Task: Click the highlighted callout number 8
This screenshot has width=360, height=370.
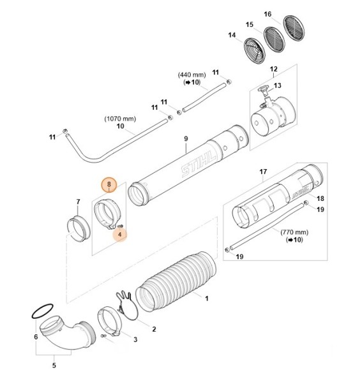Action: pos(109,186)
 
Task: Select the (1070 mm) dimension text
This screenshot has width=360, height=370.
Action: pos(120,119)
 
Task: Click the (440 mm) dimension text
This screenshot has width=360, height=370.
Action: pos(192,75)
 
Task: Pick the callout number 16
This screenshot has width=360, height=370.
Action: pos(285,14)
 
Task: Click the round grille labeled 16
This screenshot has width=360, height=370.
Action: pos(296,28)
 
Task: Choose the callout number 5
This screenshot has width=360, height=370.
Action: pos(54,366)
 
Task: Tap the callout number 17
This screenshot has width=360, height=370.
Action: pos(262,172)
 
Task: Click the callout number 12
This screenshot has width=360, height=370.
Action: pos(273,69)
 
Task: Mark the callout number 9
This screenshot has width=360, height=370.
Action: pos(185,139)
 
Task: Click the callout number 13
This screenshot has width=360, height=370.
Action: pos(277,85)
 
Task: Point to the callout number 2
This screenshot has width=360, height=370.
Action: pos(154,329)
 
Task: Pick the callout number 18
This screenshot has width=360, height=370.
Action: pos(320,198)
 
